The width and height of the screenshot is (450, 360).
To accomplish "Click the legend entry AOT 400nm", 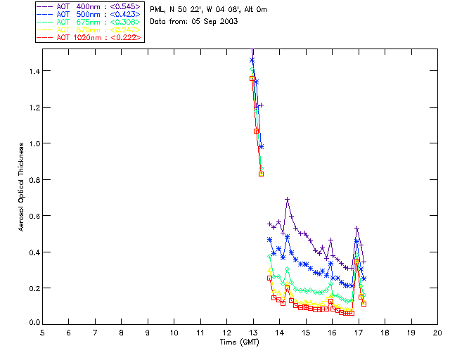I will tap(89, 8).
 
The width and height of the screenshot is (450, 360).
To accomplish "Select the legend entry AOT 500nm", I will tap(89, 15).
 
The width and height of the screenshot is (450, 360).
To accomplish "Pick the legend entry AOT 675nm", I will tap(89, 22).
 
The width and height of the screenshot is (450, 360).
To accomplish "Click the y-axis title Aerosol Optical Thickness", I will tap(23, 187).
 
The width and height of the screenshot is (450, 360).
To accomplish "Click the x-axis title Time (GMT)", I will tap(240, 342).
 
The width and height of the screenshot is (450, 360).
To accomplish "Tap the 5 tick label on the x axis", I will tap(42, 333).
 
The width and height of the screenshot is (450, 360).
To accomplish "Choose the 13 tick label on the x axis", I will tap(253, 333).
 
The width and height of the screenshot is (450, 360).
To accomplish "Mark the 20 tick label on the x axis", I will tap(437, 333).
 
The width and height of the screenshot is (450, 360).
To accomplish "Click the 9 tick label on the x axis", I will tap(148, 333).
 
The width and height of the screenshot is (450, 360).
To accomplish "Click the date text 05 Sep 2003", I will tap(215, 22).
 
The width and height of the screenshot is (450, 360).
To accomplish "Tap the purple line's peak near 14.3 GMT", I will tap(288, 200).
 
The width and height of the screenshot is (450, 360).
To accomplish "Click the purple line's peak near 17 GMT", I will tap(357, 228).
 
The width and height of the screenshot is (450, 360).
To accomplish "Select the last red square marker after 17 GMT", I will tap(364, 304).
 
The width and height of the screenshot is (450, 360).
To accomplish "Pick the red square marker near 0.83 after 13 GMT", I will tap(261, 174).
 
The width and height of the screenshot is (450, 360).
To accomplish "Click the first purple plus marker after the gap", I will tap(269, 224).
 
